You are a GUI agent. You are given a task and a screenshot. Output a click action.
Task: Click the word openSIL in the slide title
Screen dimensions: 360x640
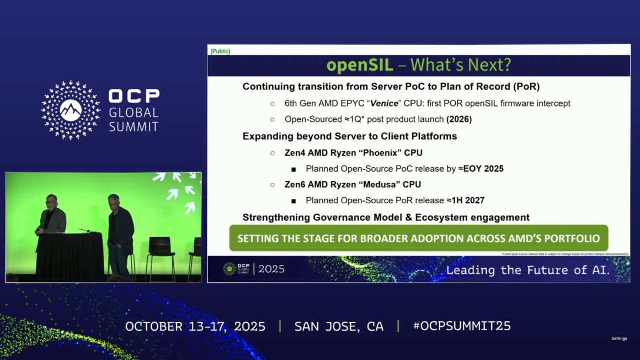pyautogui.click(x=359, y=65)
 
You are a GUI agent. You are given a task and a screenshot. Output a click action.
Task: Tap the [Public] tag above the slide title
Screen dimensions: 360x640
pyautogui.click(x=220, y=51)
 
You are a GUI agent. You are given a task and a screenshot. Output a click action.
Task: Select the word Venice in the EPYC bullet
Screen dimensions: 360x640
pyautogui.click(x=384, y=103)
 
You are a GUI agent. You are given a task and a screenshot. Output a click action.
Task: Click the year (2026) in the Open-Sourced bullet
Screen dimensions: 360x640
pyautogui.click(x=459, y=119)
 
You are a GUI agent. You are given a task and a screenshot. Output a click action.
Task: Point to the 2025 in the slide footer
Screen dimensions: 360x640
pyautogui.click(x=271, y=269)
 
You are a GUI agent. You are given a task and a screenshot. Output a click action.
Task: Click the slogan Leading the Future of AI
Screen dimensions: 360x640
pyautogui.click(x=527, y=270)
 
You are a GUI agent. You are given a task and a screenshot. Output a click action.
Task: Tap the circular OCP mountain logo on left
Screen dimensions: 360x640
pyautogui.click(x=71, y=109)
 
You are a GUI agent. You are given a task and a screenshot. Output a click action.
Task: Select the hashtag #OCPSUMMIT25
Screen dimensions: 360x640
pyautogui.click(x=461, y=326)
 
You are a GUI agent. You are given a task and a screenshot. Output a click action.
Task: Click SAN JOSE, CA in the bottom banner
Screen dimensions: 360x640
pyautogui.click(x=338, y=326)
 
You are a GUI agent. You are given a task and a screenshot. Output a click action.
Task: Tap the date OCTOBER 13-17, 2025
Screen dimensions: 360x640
pyautogui.click(x=195, y=326)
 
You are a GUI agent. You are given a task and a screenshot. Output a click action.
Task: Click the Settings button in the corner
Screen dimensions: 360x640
pyautogui.click(x=619, y=338)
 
